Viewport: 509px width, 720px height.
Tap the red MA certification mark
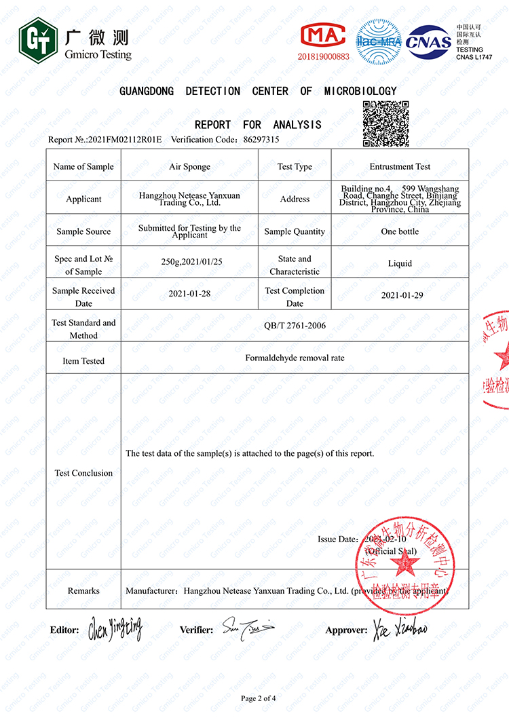tap(323, 35)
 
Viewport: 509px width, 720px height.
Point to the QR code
tap(385, 123)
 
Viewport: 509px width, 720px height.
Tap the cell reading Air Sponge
tap(189, 166)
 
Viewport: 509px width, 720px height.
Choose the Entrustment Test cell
tap(400, 166)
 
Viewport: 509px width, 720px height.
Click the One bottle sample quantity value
tap(400, 231)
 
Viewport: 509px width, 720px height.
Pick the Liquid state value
tap(400, 263)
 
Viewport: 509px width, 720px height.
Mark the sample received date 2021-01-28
tap(189, 295)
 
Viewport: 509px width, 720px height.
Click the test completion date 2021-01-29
tap(400, 295)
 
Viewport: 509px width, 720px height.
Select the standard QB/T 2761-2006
tap(295, 326)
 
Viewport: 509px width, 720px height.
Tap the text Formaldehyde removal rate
tap(295, 357)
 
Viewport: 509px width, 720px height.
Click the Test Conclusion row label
tap(83, 473)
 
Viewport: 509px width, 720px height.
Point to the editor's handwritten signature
tap(115, 630)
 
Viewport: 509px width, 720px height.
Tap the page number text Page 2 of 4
tap(259, 698)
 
